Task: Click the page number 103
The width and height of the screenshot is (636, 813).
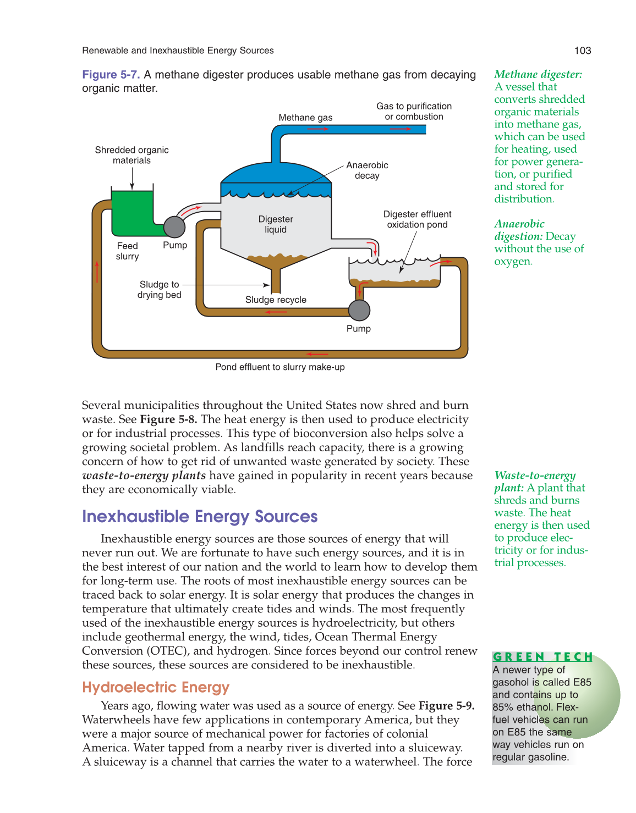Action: click(x=582, y=51)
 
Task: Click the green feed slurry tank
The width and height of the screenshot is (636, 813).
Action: click(x=131, y=212)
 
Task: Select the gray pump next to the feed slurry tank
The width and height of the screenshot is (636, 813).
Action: click(x=174, y=226)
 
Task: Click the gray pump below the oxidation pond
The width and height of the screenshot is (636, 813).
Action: click(x=359, y=310)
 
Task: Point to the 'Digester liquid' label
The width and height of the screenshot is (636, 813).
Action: click(x=276, y=224)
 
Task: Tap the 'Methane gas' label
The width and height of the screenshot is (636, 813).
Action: click(x=305, y=118)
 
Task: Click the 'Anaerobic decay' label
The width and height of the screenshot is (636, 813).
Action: click(x=367, y=170)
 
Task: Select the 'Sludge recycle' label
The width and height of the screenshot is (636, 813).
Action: click(x=276, y=300)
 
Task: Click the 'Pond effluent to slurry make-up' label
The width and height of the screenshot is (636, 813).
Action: click(x=280, y=367)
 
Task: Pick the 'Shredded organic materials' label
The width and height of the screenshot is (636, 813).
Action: click(x=131, y=155)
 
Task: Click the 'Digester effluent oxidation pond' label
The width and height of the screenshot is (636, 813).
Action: click(x=417, y=219)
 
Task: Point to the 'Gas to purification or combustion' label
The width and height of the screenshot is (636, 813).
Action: click(x=414, y=111)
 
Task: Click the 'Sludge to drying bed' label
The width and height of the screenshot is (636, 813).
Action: click(x=159, y=290)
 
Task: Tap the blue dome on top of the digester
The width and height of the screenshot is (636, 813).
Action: click(x=275, y=173)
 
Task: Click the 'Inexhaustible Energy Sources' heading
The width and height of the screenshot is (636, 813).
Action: click(x=200, y=517)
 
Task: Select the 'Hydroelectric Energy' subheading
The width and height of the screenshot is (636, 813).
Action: click(x=156, y=688)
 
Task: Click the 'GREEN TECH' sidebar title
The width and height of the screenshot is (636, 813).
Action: click(x=542, y=657)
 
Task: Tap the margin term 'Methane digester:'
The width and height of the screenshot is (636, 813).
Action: click(x=538, y=74)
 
